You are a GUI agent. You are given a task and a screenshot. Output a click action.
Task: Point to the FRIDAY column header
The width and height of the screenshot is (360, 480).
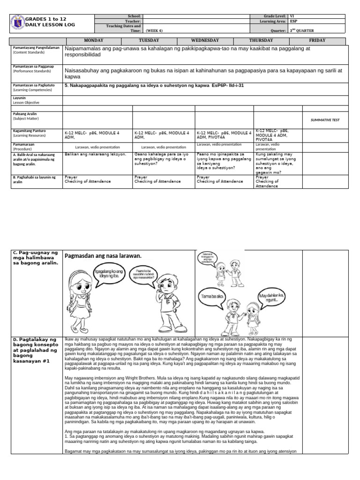[317, 41]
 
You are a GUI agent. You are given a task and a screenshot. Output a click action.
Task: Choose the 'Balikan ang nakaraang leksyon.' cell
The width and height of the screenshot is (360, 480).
[95, 154]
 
